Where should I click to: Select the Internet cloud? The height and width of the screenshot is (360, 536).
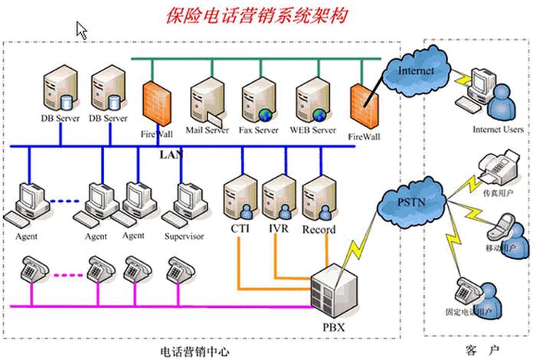click(416, 71)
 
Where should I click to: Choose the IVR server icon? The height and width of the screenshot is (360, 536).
click(278, 198)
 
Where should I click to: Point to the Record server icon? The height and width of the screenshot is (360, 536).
click(318, 198)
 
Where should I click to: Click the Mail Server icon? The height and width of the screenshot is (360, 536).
click(207, 100)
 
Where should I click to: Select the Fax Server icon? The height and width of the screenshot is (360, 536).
click(258, 100)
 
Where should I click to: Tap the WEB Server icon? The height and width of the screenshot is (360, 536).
click(312, 100)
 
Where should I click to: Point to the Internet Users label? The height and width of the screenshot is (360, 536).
click(498, 129)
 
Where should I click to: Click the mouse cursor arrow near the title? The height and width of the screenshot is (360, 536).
click(81, 30)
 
